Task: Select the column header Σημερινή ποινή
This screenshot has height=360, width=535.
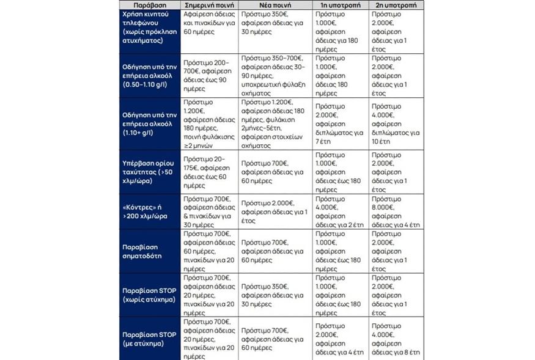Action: click(x=208, y=4)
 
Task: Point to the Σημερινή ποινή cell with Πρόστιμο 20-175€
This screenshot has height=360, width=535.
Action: click(x=208, y=172)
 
